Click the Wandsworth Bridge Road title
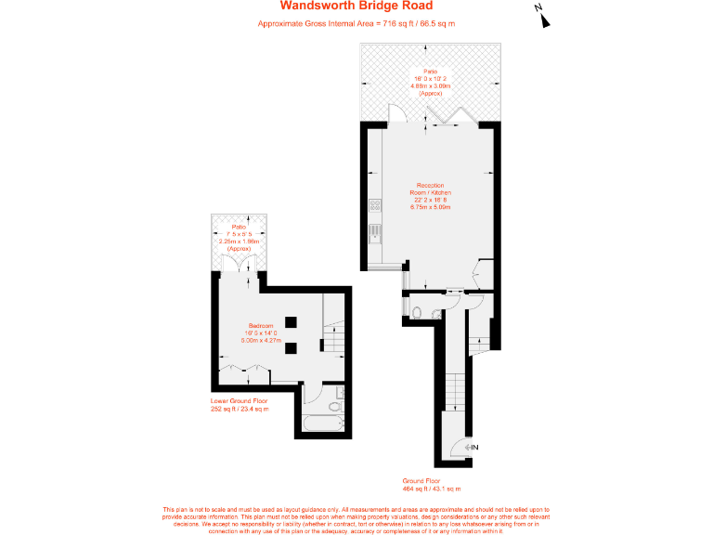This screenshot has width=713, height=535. click(x=356, y=7)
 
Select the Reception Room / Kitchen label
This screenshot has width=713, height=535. click(x=430, y=196)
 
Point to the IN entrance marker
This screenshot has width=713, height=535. click(x=473, y=449)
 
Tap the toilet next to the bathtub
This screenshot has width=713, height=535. click(x=335, y=405)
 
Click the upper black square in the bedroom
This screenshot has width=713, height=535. click(x=291, y=321)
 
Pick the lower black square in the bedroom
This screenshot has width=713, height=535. click(x=291, y=348)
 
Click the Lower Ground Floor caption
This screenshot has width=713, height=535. click(x=240, y=404)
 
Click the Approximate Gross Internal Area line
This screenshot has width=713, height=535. click(x=356, y=23)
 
